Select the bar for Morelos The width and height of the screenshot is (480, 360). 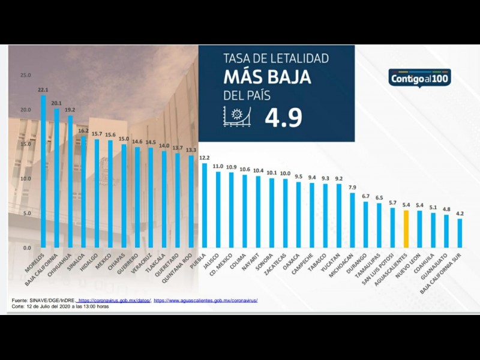(43, 171)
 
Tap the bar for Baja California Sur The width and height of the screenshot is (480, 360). (460, 233)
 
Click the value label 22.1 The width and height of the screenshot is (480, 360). (43, 90)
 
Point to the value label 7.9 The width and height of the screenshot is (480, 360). (353, 188)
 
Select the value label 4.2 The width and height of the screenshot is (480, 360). (460, 214)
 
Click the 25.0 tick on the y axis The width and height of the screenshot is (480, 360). (25, 75)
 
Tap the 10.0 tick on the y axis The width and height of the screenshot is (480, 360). (25, 179)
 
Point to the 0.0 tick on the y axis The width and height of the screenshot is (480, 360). (26, 248)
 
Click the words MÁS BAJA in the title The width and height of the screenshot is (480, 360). (267, 77)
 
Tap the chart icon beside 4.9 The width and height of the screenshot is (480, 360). (237, 116)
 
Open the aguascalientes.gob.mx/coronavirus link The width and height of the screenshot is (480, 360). (206, 299)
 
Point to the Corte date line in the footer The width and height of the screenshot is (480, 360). (60, 306)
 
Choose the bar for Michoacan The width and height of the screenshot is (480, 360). (353, 220)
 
